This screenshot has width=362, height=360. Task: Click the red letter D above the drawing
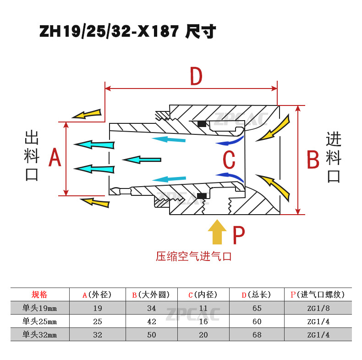point(196,76)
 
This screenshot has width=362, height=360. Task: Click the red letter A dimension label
point(55,159)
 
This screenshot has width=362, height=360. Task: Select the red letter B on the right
point(313,160)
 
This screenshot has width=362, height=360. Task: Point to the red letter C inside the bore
point(229,160)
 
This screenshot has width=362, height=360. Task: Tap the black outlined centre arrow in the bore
point(142,160)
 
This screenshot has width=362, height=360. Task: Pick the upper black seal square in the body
point(201,123)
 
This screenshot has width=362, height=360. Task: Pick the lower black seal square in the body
point(201,196)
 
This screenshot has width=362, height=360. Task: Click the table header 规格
point(39,294)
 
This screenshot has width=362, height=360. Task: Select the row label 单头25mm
point(39,321)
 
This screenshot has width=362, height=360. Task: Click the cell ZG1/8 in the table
point(318,308)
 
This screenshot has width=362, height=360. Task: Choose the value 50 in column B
point(151,335)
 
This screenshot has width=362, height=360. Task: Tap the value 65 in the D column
point(257,308)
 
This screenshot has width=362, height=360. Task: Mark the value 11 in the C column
point(203,308)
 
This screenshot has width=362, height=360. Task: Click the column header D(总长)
point(257,294)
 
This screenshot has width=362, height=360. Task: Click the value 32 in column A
point(97,335)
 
